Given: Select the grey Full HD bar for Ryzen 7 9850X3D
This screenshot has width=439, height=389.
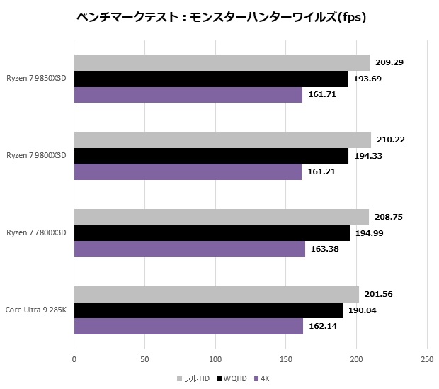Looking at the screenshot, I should pos(222,63).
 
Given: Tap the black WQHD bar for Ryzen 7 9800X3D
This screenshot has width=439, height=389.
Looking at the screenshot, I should pos(211,156).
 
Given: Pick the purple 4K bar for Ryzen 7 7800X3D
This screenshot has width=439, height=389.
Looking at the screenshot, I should pos(189,249).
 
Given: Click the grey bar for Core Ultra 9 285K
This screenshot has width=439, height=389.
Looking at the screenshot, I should pos(216,295).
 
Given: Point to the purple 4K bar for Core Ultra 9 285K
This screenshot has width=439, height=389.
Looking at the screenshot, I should pos(188,326).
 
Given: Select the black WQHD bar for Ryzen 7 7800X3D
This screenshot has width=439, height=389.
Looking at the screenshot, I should pos(212,233).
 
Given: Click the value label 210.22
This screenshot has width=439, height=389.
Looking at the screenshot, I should pos(392,140).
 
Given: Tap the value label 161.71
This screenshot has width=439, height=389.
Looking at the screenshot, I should pos(323,94).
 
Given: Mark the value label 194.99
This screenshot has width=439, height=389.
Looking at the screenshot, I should pos(370,233).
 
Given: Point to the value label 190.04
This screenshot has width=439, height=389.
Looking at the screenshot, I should pos(363,310).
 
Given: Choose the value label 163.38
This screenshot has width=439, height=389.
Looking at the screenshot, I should pos(326,249).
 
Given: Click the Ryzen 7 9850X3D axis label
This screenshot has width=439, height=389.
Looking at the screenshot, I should pos(36,79).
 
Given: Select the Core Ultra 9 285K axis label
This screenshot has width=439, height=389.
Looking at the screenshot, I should pos(36,310).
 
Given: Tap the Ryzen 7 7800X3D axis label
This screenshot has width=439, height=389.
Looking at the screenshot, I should pos(36,233).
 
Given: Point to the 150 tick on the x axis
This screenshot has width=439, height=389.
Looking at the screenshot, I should pos(285,359).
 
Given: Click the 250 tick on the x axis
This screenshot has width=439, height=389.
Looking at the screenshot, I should pos(426,359).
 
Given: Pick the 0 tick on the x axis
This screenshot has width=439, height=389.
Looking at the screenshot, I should pos(74,359).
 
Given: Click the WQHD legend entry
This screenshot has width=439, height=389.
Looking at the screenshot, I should pos(233,379).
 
